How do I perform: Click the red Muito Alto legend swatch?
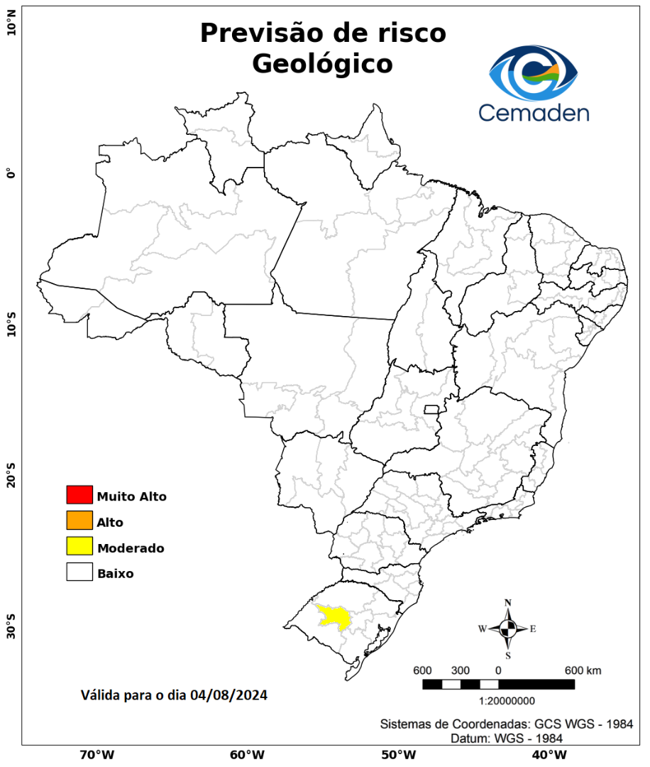(79, 495)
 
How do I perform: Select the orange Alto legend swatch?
(79, 521)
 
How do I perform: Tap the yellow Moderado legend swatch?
(79, 546)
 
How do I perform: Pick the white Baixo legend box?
(79, 572)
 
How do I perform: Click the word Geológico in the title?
(322, 64)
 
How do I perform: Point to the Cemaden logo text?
(533, 112)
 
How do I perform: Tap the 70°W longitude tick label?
(97, 754)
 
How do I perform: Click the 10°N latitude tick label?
(11, 28)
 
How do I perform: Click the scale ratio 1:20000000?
(507, 701)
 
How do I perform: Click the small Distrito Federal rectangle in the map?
(431, 409)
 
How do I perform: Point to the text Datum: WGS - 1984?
(507, 739)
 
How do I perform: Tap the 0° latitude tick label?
(11, 173)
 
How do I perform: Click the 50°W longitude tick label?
(397, 754)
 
